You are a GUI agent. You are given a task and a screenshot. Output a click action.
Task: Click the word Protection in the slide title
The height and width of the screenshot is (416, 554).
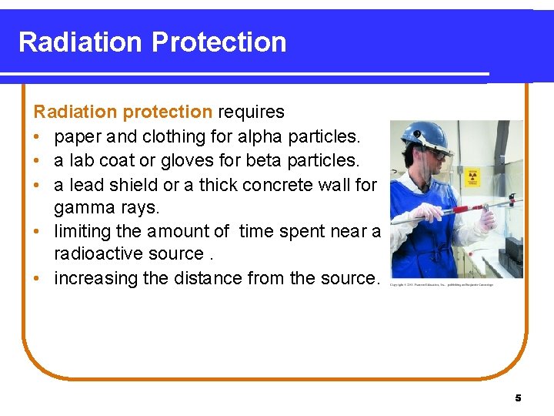pyautogui.click(x=219, y=42)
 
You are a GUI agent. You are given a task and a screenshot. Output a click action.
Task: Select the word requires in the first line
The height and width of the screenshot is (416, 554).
pyautogui.click(x=251, y=112)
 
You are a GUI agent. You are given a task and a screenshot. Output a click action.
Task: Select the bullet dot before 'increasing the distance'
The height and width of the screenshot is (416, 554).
pyautogui.click(x=38, y=279)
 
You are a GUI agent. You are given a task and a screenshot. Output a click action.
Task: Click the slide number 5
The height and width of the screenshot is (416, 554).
pyautogui.click(x=518, y=398)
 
